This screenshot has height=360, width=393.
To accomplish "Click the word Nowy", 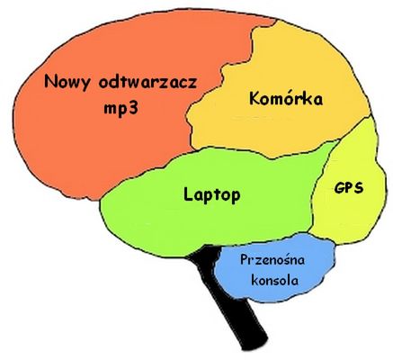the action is pyautogui.click(x=67, y=82).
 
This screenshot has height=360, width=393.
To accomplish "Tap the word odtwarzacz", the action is pyautogui.click(x=147, y=81).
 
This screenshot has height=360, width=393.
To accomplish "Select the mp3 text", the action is pyautogui.click(x=121, y=109).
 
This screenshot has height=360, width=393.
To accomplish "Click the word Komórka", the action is pyautogui.click(x=286, y=98).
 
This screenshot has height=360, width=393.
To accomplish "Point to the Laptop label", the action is pyautogui.click(x=211, y=195).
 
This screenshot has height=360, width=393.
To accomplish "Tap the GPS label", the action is pyautogui.click(x=349, y=188).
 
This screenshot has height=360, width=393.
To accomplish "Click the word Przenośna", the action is pyautogui.click(x=272, y=260).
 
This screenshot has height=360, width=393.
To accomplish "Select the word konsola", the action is pyautogui.click(x=274, y=281).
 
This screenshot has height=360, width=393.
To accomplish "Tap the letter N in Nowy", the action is pyautogui.click(x=50, y=81).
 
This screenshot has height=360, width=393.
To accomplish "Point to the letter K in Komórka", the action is pyautogui.click(x=255, y=98).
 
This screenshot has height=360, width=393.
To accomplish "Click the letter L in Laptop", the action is pyautogui.click(x=188, y=193).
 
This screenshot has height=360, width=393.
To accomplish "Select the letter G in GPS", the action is pyautogui.click(x=339, y=188).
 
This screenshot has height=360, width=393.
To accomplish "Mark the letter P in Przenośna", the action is pyautogui.click(x=245, y=259).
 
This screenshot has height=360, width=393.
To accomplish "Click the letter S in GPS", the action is pyautogui.click(x=359, y=188).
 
